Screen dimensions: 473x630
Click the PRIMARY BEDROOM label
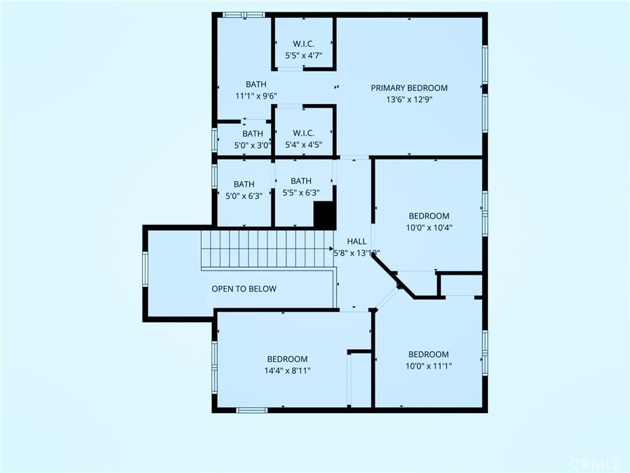pyautogui.click(x=409, y=88)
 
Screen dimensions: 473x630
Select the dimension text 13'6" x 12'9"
pyautogui.click(x=409, y=99)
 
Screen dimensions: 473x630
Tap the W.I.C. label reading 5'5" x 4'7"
pyautogui.click(x=303, y=50)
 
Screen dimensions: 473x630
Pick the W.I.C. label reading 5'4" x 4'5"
pyautogui.click(x=303, y=139)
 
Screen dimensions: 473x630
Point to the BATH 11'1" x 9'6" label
pyautogui.click(x=256, y=90)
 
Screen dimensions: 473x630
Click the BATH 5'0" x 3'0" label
pyautogui.click(x=252, y=139)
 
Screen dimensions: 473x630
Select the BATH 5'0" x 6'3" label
pyautogui.click(x=244, y=189)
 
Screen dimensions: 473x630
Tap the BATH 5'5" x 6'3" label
pyautogui.click(x=301, y=187)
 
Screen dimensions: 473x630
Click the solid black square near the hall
pyautogui.click(x=325, y=215)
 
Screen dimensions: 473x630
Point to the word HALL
pyautogui.click(x=357, y=241)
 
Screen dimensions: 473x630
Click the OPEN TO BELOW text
pyautogui.click(x=244, y=289)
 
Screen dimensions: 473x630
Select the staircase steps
pyautogui.click(x=268, y=249)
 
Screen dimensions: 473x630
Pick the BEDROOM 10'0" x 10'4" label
pyautogui.click(x=429, y=222)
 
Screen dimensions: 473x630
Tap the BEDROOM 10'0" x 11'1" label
pyautogui.click(x=429, y=360)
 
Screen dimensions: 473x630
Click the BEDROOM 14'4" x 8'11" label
pyautogui.click(x=287, y=365)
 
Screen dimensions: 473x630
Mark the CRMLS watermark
pyautogui.click(x=594, y=463)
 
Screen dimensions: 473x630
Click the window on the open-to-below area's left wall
pyautogui.click(x=146, y=270)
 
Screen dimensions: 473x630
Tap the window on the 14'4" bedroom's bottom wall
pyautogui.click(x=252, y=410)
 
